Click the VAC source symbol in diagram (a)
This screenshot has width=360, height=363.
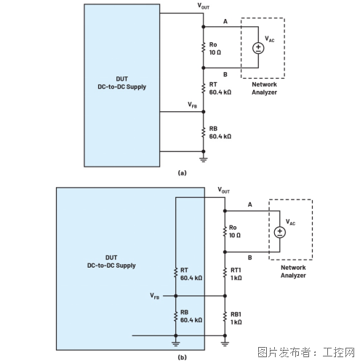pyautogui.click(x=258, y=48)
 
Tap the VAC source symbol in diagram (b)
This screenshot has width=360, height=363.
pyautogui.click(x=279, y=232)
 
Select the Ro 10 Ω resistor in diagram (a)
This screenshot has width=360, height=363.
pyautogui.click(x=204, y=47)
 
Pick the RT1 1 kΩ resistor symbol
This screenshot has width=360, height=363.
pyautogui.click(x=225, y=273)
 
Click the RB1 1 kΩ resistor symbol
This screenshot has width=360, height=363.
pyautogui.click(x=225, y=317)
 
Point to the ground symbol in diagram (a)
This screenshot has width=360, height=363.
pyautogui.click(x=204, y=160)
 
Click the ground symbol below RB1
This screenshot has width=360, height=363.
pyautogui.click(x=225, y=343)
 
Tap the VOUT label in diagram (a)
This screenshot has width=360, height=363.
pyautogui.click(x=204, y=7)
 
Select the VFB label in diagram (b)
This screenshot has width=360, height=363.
pyautogui.click(x=155, y=296)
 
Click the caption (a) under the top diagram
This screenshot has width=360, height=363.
pyautogui.click(x=182, y=173)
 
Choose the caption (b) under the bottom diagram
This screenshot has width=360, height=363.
pyautogui.click(x=182, y=357)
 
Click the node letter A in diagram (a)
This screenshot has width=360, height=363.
pyautogui.click(x=225, y=22)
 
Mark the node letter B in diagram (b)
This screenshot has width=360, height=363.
pyautogui.click(x=249, y=258)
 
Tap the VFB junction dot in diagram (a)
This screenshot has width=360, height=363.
pyautogui.click(x=204, y=112)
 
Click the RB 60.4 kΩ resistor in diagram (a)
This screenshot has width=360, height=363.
pyautogui.click(x=204, y=132)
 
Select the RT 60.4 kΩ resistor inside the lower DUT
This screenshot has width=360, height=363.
pyautogui.click(x=176, y=273)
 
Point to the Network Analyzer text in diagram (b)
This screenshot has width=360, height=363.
pyautogui.click(x=293, y=271)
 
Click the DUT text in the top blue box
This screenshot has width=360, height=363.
pyautogui.click(x=121, y=79)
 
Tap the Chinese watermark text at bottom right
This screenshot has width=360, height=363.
pyautogui.click(x=306, y=352)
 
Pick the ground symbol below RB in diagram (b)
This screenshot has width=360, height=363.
pyautogui.click(x=176, y=343)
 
